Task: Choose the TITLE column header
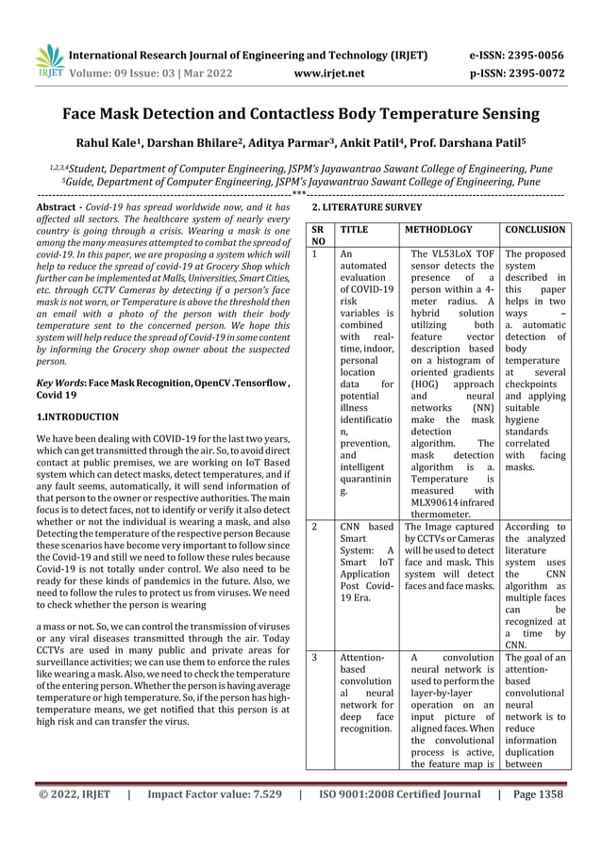click(354, 229)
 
